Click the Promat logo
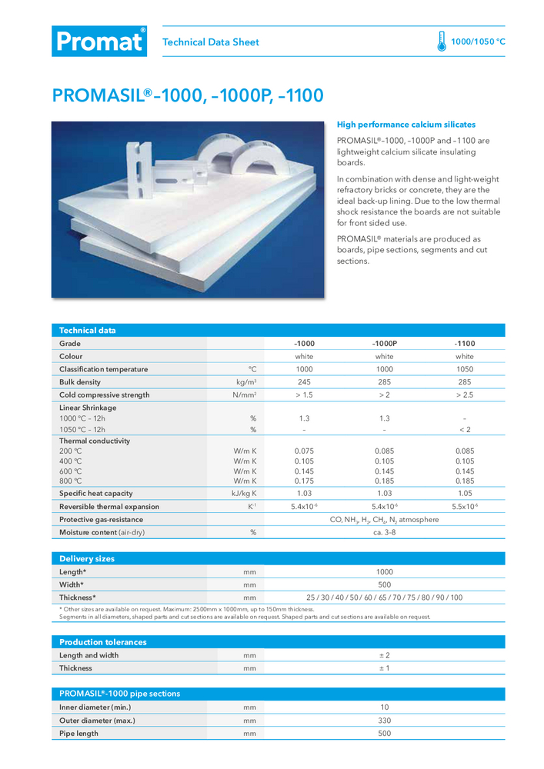pyautogui.click(x=98, y=42)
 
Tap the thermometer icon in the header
pyautogui.click(x=442, y=42)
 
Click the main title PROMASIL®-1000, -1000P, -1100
pyautogui.click(x=188, y=96)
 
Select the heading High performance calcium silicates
pyautogui.click(x=406, y=125)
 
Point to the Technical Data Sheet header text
pyautogui.click(x=211, y=42)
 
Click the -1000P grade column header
pyautogui.click(x=384, y=343)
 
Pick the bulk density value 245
pyautogui.click(x=304, y=382)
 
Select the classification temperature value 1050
pyautogui.click(x=464, y=369)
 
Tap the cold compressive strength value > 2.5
pyautogui.click(x=464, y=395)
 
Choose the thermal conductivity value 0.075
pyautogui.click(x=304, y=451)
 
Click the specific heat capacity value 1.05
pyautogui.click(x=464, y=493)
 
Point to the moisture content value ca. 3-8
pyautogui.click(x=384, y=532)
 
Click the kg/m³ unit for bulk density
pyautogui.click(x=246, y=382)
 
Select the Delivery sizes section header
pyautogui.click(x=87, y=559)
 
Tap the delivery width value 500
pyautogui.click(x=384, y=584)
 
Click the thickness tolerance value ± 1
pyautogui.click(x=384, y=668)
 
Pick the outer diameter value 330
pyautogui.click(x=384, y=721)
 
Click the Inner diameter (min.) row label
pyautogui.click(x=95, y=707)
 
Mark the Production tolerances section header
pyautogui.click(x=103, y=642)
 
